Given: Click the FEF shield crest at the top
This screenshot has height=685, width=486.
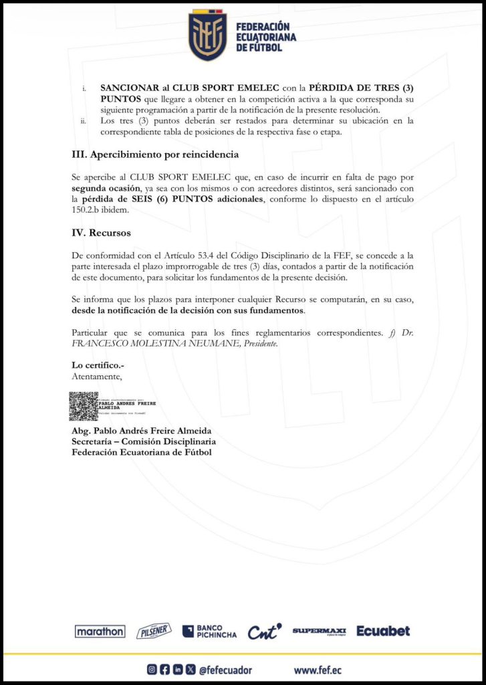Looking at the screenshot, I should click(x=208, y=35).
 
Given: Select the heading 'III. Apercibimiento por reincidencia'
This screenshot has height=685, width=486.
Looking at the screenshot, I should click(x=155, y=155).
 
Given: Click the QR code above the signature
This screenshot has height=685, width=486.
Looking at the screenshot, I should click(x=84, y=407).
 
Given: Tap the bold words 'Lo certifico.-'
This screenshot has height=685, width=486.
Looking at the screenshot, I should click(x=98, y=365).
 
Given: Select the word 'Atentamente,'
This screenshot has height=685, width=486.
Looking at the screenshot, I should click(x=97, y=376).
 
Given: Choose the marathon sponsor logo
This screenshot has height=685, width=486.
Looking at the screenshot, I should click(x=100, y=631).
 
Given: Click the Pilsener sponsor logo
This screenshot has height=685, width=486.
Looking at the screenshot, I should click(x=154, y=631).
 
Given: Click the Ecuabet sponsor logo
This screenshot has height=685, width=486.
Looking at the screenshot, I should click(x=383, y=631).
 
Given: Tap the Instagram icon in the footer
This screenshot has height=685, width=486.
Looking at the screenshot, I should click(x=152, y=669).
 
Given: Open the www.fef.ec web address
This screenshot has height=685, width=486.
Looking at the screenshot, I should click(x=320, y=669).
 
